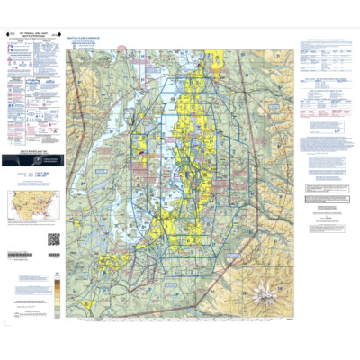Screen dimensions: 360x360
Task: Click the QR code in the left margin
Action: tap(53, 238)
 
